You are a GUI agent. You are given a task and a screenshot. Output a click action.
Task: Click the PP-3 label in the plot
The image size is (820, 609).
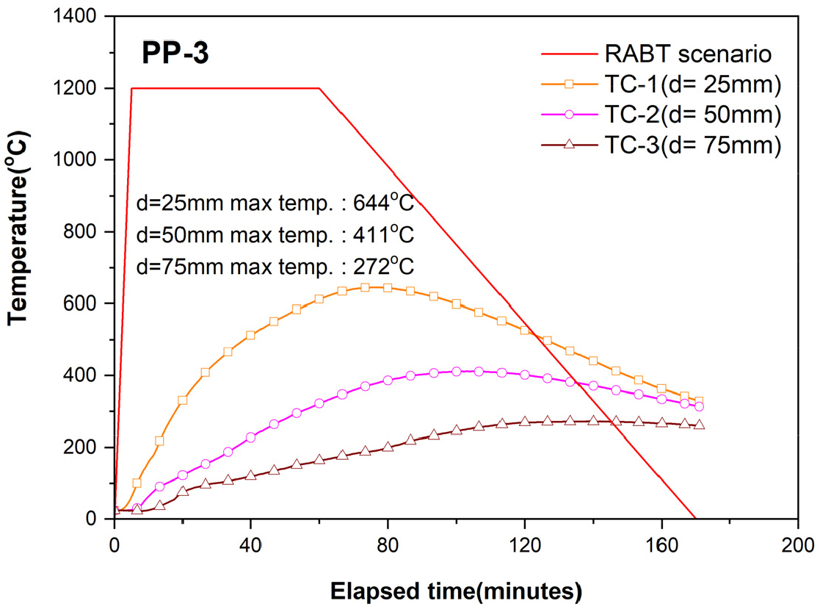pyautogui.click(x=175, y=55)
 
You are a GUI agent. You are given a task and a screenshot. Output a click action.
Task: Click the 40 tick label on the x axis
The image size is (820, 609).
pyautogui.click(x=251, y=545)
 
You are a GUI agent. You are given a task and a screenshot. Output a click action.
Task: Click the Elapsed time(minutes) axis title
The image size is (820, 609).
pyautogui.click(x=456, y=590)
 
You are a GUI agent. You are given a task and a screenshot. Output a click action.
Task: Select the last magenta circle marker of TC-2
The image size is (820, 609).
pyautogui.click(x=698, y=406)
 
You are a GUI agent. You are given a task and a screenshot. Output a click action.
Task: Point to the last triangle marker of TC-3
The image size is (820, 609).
pyautogui.click(x=698, y=424)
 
